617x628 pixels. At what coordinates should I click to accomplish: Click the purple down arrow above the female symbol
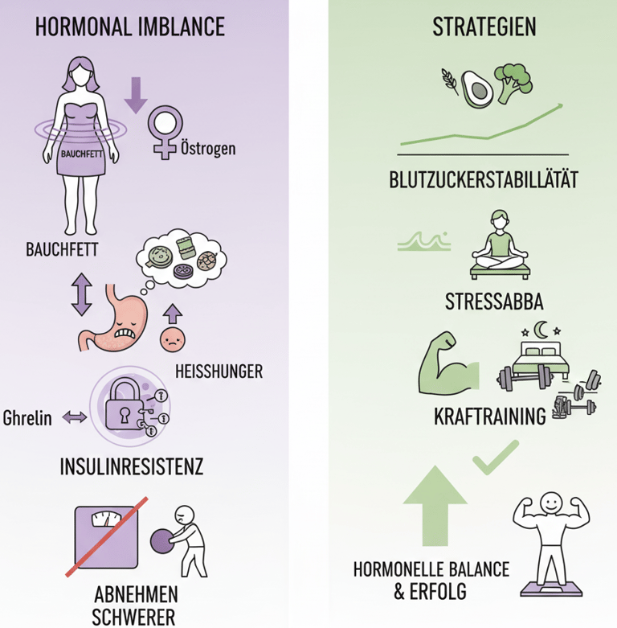(135, 93)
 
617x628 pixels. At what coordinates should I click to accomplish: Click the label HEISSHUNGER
(218, 371)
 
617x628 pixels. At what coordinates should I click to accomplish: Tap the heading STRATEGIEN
(484, 27)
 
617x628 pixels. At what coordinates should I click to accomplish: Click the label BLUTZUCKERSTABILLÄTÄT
(484, 179)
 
